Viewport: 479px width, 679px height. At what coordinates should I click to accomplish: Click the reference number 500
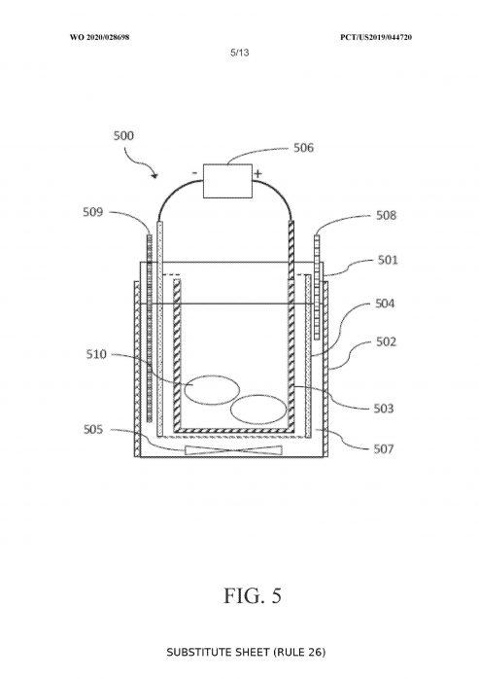pos(123,135)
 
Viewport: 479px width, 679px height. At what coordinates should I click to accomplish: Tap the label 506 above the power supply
pos(303,148)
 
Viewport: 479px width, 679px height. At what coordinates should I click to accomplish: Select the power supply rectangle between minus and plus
pos(227,181)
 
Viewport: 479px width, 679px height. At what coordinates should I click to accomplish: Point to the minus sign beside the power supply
pos(194,173)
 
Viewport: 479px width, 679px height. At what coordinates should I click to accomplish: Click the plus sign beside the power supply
pos(257,174)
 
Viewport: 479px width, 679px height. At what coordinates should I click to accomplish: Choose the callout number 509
pos(93,212)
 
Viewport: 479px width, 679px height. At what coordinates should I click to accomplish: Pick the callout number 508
pos(386,215)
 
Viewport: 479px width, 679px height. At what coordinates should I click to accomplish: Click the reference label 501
pos(388,260)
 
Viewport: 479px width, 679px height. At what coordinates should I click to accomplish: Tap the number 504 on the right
pos(385,304)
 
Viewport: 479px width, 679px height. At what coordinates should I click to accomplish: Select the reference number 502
pos(386,342)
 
